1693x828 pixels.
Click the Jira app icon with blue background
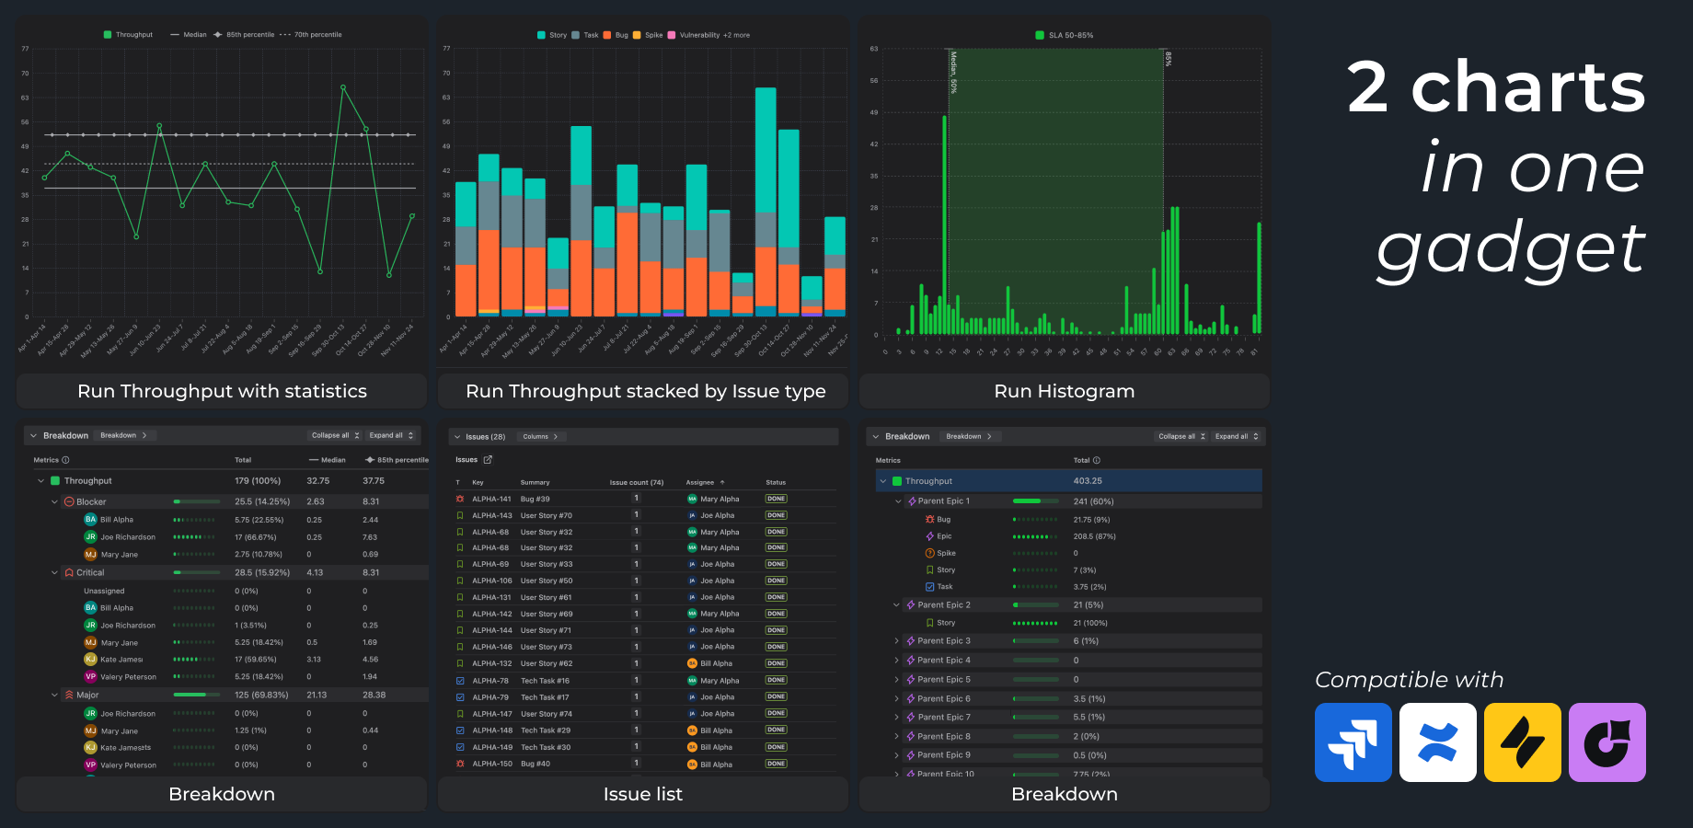[x=1353, y=742]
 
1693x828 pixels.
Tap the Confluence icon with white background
[x=1437, y=742]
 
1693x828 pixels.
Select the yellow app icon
[x=1522, y=742]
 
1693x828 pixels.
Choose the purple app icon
[x=1607, y=742]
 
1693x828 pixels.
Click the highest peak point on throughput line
[x=343, y=87]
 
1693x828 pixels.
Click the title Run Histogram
[x=1064, y=391]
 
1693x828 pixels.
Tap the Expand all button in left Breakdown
[x=391, y=435]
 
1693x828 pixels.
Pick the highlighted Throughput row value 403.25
[x=1088, y=481]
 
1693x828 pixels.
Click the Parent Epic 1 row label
[x=943, y=501]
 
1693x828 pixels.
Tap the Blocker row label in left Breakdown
[x=91, y=501]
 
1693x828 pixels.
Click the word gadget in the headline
[x=1510, y=248]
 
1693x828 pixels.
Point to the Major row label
[x=87, y=696]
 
